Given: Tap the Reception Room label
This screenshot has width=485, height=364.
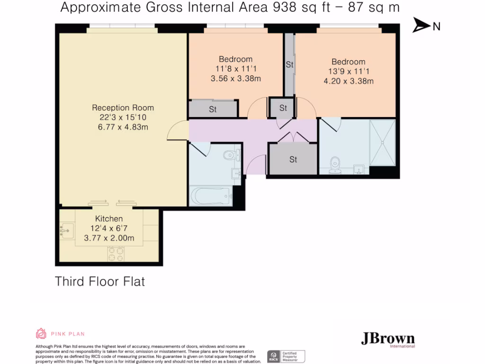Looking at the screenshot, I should pos(123,108).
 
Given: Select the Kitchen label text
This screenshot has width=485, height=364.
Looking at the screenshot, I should pos(109,218).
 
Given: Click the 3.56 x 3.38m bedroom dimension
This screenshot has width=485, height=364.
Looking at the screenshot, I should pos(236,79).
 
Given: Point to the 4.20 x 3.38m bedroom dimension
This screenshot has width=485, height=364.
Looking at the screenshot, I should pos(348,81).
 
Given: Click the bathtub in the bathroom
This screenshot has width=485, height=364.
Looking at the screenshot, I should pos(209,196).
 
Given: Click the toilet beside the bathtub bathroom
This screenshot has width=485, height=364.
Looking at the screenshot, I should pos(231,154).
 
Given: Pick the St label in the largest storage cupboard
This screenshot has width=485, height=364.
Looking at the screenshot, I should pos(293,160).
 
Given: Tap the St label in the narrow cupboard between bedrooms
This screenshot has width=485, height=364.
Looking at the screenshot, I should pos(289,64).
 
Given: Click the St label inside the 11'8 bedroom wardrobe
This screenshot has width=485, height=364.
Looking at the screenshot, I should pos(213,109).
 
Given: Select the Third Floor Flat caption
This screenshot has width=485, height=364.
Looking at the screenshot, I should pos(100,281).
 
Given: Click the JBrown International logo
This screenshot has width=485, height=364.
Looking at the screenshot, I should pos(388,339).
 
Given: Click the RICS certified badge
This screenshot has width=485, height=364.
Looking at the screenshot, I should pos(286,356).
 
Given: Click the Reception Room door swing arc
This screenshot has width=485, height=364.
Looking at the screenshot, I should pos(178,129).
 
